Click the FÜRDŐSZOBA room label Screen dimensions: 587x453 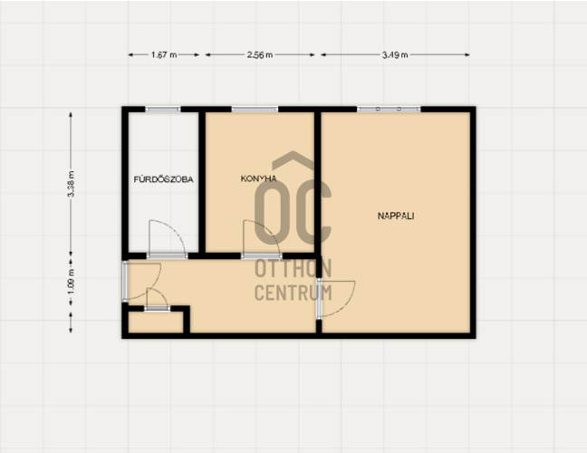(164, 179)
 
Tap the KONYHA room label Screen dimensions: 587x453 (259, 178)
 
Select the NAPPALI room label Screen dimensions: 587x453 (396, 216)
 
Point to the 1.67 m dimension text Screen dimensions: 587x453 (164, 55)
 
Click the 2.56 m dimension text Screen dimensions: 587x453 (260, 55)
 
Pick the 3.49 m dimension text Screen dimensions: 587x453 (395, 55)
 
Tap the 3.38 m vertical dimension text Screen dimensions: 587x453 (72, 184)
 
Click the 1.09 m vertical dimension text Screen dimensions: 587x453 (72, 282)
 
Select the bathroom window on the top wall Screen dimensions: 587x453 (163, 110)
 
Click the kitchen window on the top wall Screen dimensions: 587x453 (255, 110)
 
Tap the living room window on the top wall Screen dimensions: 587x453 (389, 110)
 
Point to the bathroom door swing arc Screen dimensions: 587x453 (176, 228)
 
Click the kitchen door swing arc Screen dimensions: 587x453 (270, 230)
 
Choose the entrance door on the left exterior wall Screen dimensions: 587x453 (125, 282)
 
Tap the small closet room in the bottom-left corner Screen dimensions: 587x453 (156, 322)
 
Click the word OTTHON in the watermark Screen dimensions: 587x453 (293, 268)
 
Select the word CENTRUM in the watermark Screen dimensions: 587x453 (293, 293)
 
